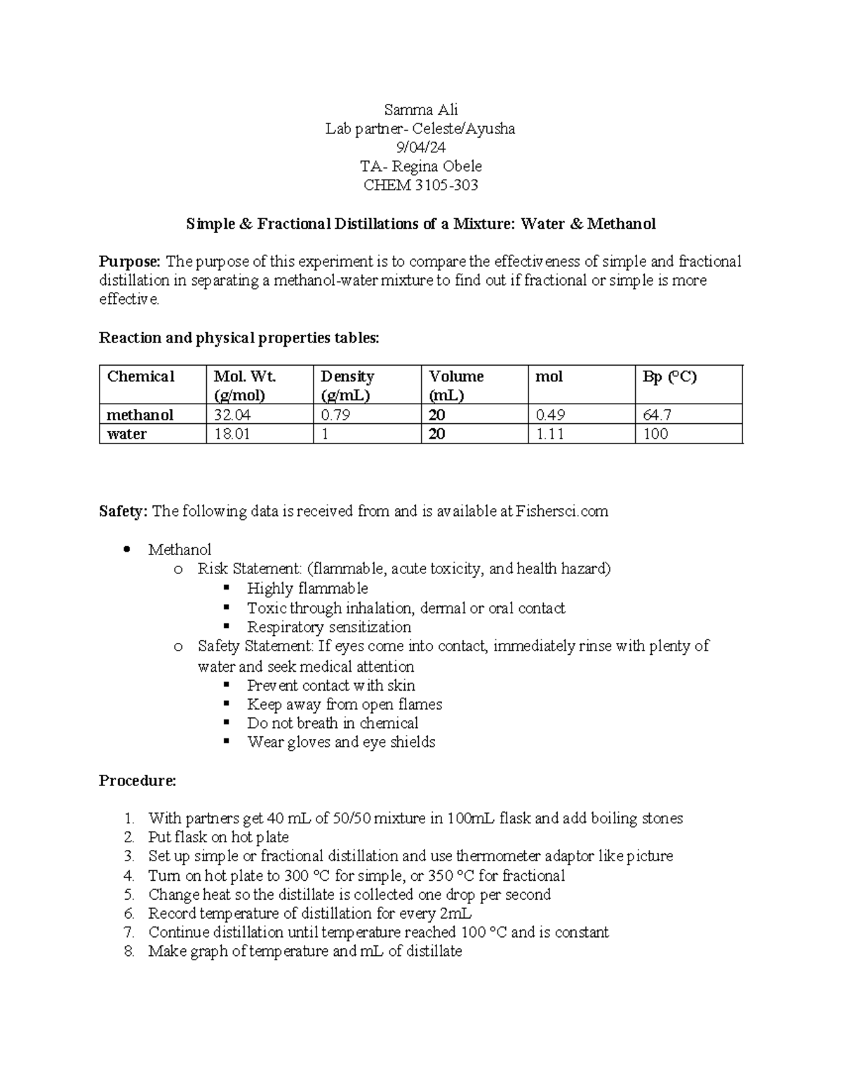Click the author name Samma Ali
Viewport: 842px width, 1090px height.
pyautogui.click(x=420, y=109)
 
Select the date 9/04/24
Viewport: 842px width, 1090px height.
pyautogui.click(x=420, y=147)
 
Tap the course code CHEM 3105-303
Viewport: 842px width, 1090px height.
pyautogui.click(x=420, y=185)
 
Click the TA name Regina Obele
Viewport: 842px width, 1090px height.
pyautogui.click(x=436, y=166)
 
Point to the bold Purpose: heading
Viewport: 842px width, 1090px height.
pyautogui.click(x=130, y=262)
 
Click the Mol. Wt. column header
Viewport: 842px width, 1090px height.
pyautogui.click(x=244, y=377)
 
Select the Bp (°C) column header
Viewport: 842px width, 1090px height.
pyautogui.click(x=669, y=377)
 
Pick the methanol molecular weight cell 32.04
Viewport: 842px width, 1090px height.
pyautogui.click(x=232, y=415)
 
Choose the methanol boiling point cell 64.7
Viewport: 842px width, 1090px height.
pyautogui.click(x=657, y=415)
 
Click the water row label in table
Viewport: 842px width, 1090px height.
pyautogui.click(x=126, y=434)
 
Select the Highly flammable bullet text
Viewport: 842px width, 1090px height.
pyautogui.click(x=307, y=588)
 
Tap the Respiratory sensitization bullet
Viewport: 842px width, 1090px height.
pyautogui.click(x=328, y=627)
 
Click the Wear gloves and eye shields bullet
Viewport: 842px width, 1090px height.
pyautogui.click(x=341, y=742)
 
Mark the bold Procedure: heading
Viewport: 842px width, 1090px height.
pyautogui.click(x=137, y=780)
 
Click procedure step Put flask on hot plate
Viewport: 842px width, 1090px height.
pyautogui.click(x=218, y=837)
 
